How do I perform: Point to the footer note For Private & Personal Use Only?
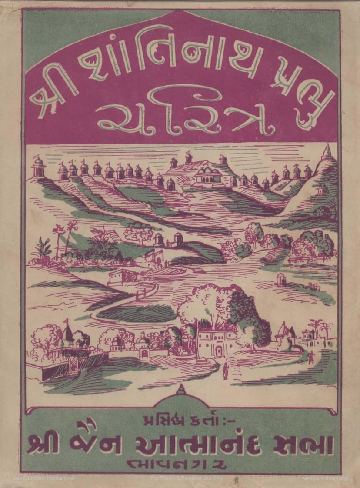pyautogui.click(x=187, y=478)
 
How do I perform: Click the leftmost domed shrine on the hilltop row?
pyautogui.click(x=39, y=167)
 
